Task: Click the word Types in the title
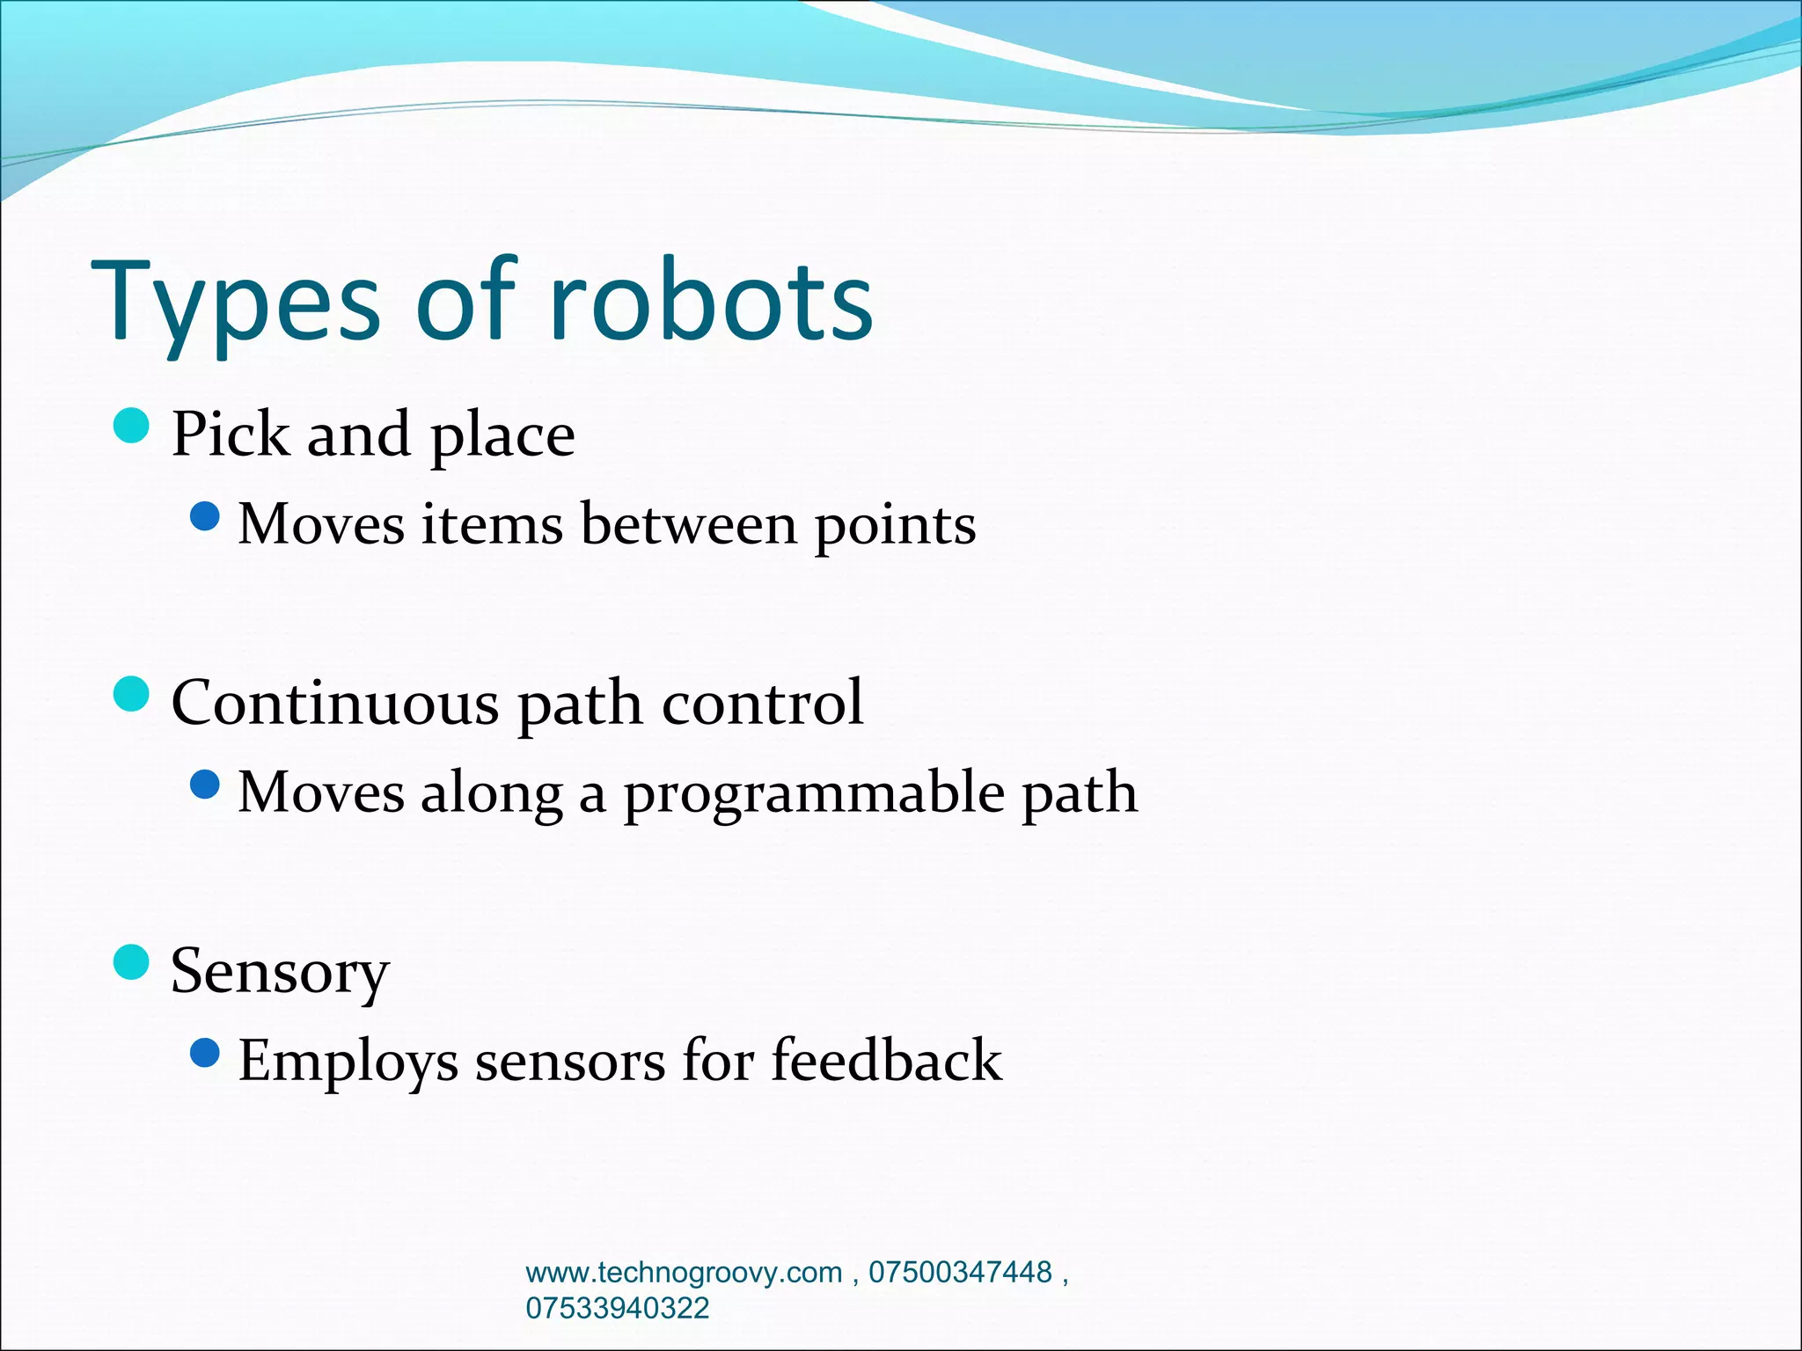click(x=236, y=303)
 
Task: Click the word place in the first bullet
click(x=502, y=437)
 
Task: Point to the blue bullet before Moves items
click(x=204, y=517)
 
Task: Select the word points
click(x=895, y=527)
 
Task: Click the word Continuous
click(x=334, y=703)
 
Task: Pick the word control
click(x=762, y=703)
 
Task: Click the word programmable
click(x=814, y=794)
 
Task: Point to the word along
click(x=492, y=794)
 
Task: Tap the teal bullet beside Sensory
click(x=132, y=962)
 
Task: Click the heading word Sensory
click(x=280, y=973)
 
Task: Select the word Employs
click(x=348, y=1063)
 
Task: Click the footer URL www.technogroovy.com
click(x=684, y=1273)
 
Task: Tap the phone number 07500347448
click(x=960, y=1273)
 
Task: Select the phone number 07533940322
click(x=617, y=1308)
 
